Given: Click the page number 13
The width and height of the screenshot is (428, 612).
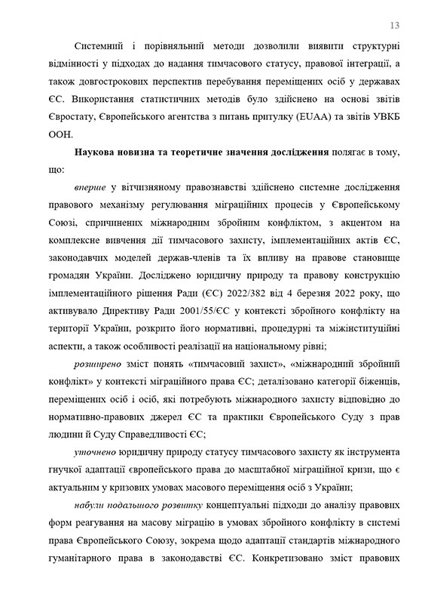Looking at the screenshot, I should pyautogui.click(x=395, y=23).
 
